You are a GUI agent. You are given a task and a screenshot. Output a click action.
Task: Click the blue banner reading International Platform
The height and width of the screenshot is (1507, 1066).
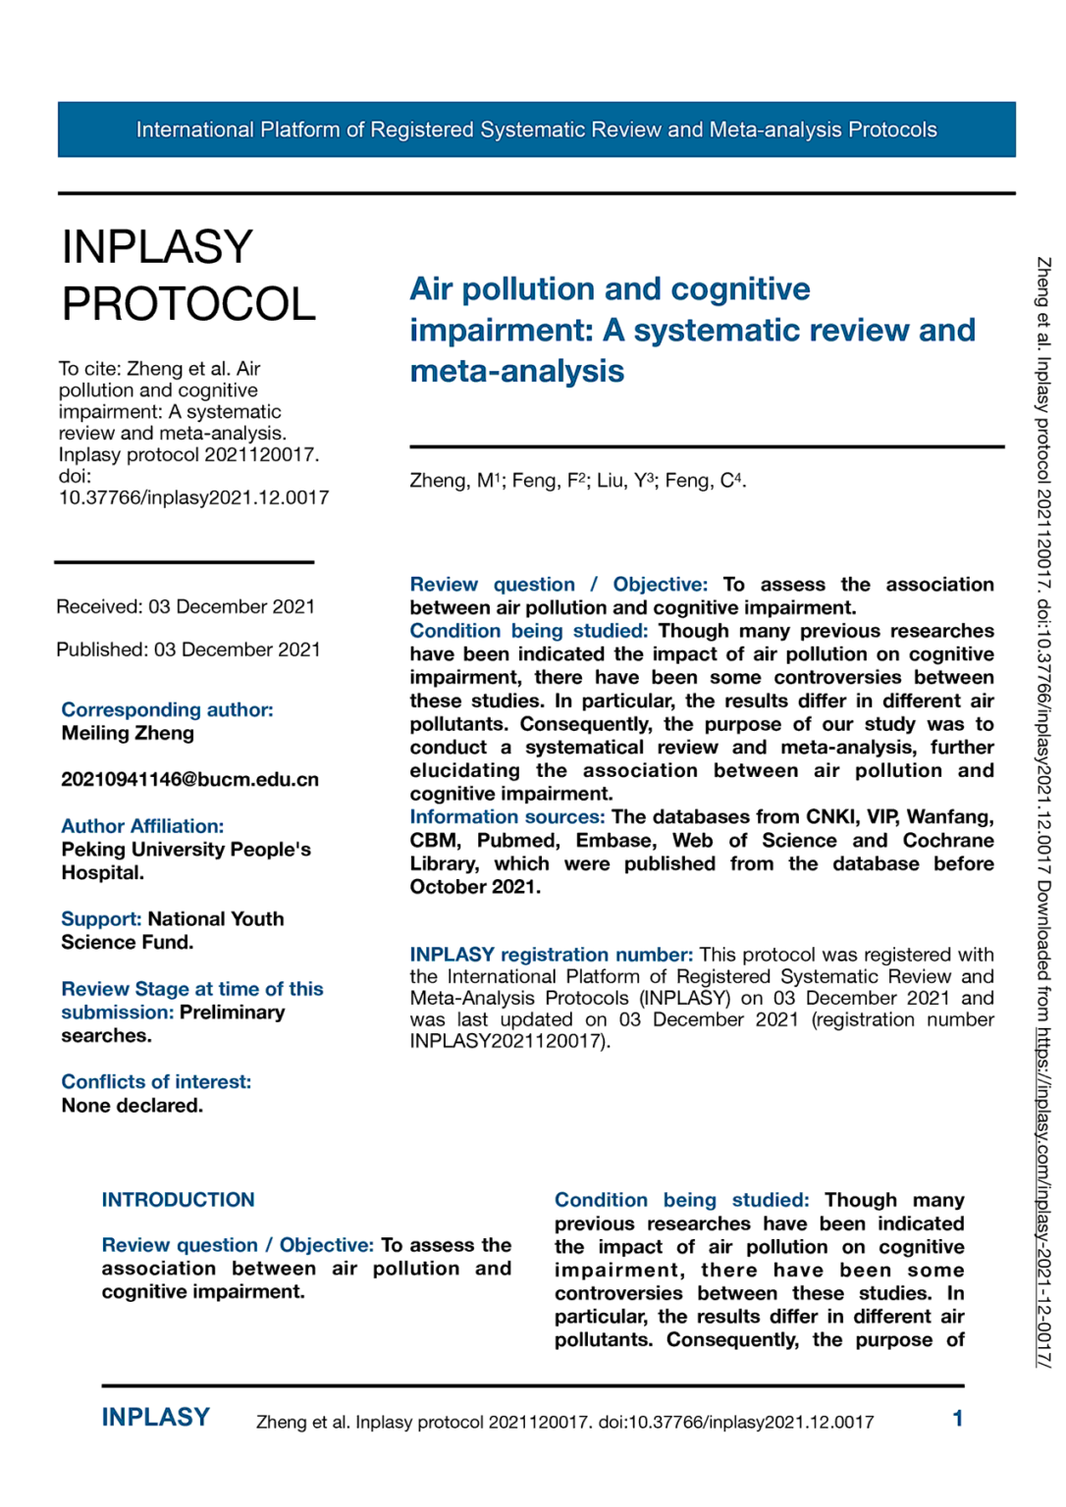click(536, 130)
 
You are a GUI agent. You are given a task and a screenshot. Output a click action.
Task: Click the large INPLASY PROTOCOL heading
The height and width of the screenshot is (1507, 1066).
click(187, 275)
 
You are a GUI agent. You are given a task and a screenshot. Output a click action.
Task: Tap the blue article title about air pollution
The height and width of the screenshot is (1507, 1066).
click(691, 330)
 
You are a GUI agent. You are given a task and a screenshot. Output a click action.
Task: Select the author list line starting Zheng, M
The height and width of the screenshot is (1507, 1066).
click(577, 481)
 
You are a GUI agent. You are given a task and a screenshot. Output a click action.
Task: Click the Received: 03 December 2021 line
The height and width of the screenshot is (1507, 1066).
click(186, 606)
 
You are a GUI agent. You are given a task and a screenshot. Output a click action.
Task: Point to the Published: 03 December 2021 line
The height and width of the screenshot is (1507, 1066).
click(188, 650)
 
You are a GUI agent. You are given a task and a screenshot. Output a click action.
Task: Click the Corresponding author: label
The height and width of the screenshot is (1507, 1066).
click(167, 709)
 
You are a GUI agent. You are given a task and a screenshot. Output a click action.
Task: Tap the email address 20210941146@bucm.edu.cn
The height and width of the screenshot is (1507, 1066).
click(189, 779)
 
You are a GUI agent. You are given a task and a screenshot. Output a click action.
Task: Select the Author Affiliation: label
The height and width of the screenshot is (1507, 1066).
click(142, 826)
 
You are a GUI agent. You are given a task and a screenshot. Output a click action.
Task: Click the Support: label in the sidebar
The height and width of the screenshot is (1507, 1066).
click(101, 919)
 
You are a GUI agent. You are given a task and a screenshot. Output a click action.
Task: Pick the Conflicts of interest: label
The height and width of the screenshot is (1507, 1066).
click(156, 1081)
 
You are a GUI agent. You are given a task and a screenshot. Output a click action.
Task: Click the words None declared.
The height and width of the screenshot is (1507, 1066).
click(132, 1106)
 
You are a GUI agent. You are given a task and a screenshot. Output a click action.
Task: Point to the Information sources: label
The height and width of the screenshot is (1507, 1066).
click(506, 817)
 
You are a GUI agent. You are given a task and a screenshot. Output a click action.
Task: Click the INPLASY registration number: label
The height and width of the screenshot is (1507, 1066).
click(551, 955)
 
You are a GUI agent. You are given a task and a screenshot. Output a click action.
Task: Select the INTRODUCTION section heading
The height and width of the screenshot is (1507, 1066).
click(178, 1200)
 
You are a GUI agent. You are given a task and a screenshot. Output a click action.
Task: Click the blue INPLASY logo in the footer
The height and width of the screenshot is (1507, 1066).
click(155, 1418)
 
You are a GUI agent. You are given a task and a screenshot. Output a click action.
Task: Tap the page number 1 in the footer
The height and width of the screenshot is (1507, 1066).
click(957, 1419)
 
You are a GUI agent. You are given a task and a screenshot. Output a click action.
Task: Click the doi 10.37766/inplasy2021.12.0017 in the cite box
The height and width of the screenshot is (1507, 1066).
click(193, 497)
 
